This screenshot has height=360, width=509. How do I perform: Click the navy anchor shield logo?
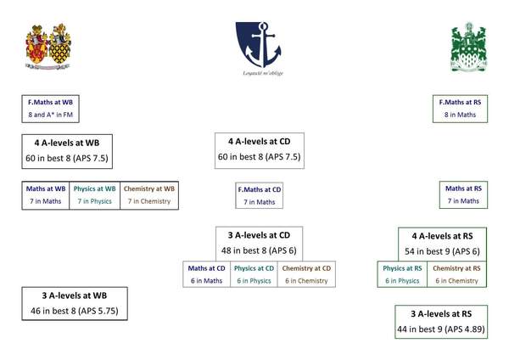[x=259, y=44]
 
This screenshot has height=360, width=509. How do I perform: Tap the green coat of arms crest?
[x=468, y=47]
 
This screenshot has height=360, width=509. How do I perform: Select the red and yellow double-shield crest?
[x=48, y=47]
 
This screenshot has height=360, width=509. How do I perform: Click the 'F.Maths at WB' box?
[x=50, y=109]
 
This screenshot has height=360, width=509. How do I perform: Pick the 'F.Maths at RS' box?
[x=460, y=109]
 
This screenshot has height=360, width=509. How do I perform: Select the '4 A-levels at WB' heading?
[x=67, y=143]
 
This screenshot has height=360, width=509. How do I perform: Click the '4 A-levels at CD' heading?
[x=259, y=142]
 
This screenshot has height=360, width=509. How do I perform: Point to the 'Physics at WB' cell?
[x=94, y=195]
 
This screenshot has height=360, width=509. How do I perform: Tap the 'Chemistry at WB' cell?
[x=149, y=195]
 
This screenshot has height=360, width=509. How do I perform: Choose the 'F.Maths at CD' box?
[x=259, y=195]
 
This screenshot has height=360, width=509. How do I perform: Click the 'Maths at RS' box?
[x=463, y=194]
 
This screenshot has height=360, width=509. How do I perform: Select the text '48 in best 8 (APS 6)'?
[x=259, y=250]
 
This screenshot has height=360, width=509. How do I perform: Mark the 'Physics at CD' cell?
[x=254, y=274]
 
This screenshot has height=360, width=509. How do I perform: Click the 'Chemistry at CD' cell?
[x=306, y=274]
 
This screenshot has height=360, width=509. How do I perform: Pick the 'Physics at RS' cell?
[x=402, y=274]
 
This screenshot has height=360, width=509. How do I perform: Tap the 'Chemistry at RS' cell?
[x=456, y=274]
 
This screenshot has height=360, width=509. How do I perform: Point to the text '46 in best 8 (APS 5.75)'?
[x=75, y=311]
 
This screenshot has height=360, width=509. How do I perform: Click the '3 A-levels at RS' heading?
[x=441, y=314]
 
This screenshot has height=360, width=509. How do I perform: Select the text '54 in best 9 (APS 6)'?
[x=442, y=251]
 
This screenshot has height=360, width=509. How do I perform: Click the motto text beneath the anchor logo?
[x=263, y=73]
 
